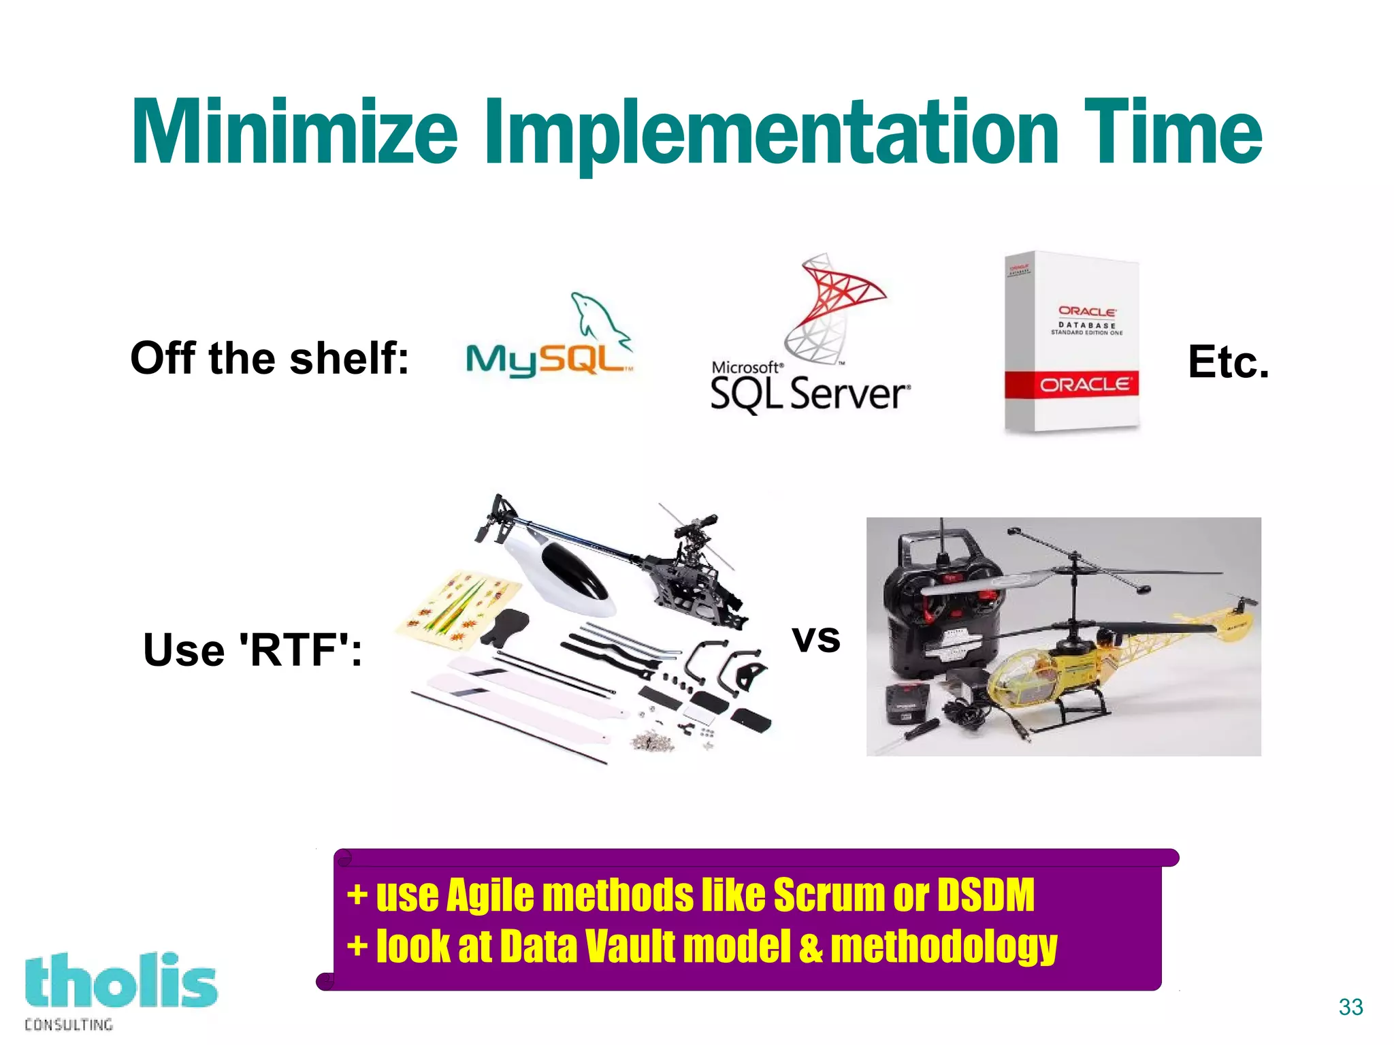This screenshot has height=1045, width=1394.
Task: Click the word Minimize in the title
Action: tap(294, 133)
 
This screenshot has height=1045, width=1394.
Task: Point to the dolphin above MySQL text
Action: tap(599, 317)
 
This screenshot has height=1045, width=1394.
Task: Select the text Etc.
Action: tap(1228, 361)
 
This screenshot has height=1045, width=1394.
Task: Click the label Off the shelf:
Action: tap(270, 358)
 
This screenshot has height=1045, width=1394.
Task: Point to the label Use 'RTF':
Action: tap(252, 649)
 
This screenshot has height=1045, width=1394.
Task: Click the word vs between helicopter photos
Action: tap(815, 639)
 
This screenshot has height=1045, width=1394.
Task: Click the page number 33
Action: tap(1350, 1007)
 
